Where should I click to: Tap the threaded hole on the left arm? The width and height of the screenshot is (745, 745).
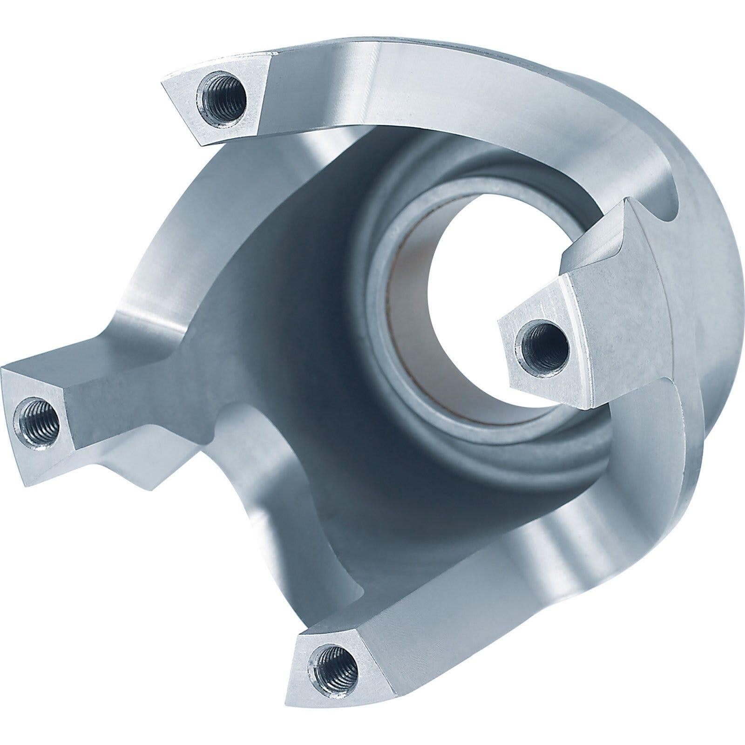(38, 414)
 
